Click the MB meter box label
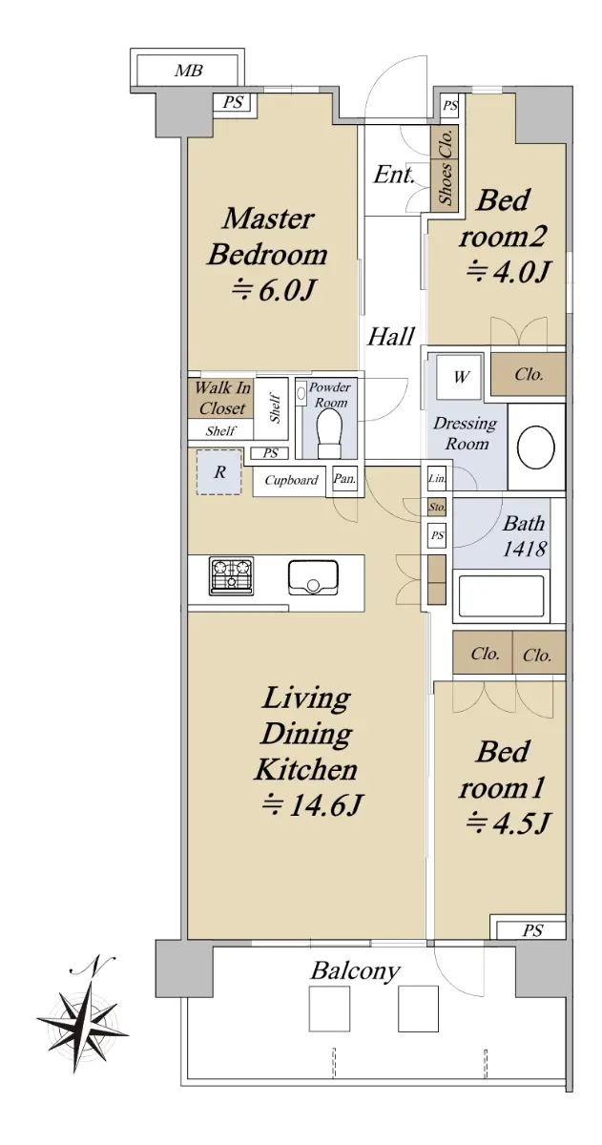[189, 71]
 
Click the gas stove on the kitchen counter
[231, 577]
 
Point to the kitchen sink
[313, 577]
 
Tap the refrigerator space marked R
[219, 471]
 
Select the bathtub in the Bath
[501, 596]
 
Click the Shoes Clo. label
[446, 168]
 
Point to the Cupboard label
[291, 480]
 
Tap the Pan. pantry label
[344, 479]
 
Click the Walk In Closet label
[222, 398]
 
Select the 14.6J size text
[312, 806]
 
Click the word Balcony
[356, 970]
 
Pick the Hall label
[391, 337]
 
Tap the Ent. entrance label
[393, 175]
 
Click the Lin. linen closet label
[437, 479]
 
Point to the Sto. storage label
[437, 508]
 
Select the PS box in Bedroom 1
[532, 930]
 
